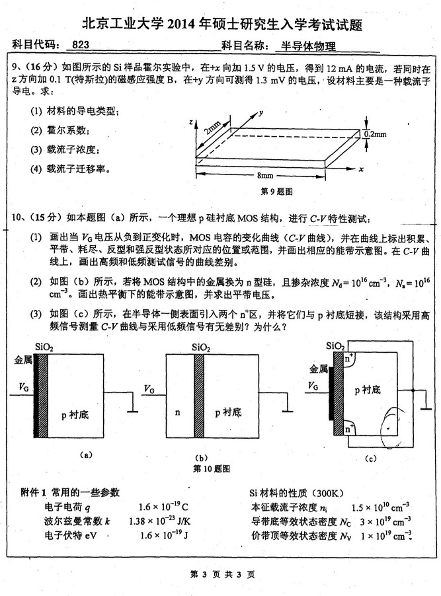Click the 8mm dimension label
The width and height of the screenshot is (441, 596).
coord(266,176)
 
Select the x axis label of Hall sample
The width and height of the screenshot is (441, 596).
coord(362,169)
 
